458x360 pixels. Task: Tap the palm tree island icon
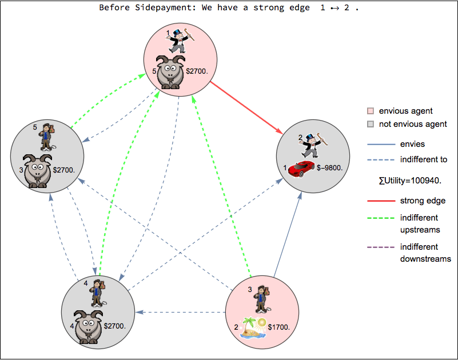pos(254,328)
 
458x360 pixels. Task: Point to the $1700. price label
pos(279,328)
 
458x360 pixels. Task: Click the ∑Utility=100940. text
pos(409,181)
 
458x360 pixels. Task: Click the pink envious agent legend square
pos(371,111)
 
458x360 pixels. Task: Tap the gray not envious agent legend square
pos(371,124)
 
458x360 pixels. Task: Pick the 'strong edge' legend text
pos(423,201)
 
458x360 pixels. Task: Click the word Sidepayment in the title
pos(166,8)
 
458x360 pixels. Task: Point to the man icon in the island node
pos(261,298)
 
